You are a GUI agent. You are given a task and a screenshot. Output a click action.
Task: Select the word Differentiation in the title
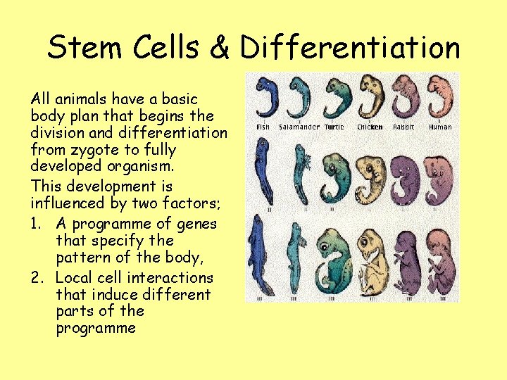click(x=350, y=48)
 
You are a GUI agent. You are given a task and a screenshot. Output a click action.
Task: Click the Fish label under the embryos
click(x=262, y=127)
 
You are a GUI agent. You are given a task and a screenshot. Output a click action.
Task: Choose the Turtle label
click(x=334, y=127)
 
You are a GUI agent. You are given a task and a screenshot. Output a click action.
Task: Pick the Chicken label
click(x=370, y=127)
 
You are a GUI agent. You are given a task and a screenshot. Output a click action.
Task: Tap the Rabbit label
click(x=403, y=127)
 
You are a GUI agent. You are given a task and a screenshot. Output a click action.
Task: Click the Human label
click(x=440, y=127)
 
